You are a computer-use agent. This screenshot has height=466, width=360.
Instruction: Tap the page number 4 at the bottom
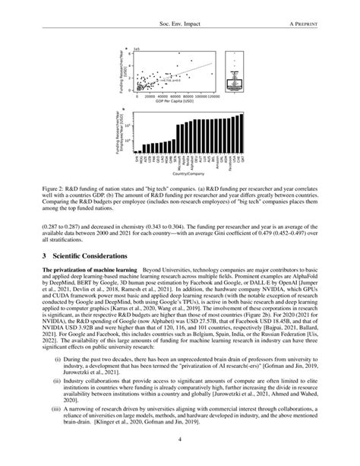(x=180, y=439)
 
